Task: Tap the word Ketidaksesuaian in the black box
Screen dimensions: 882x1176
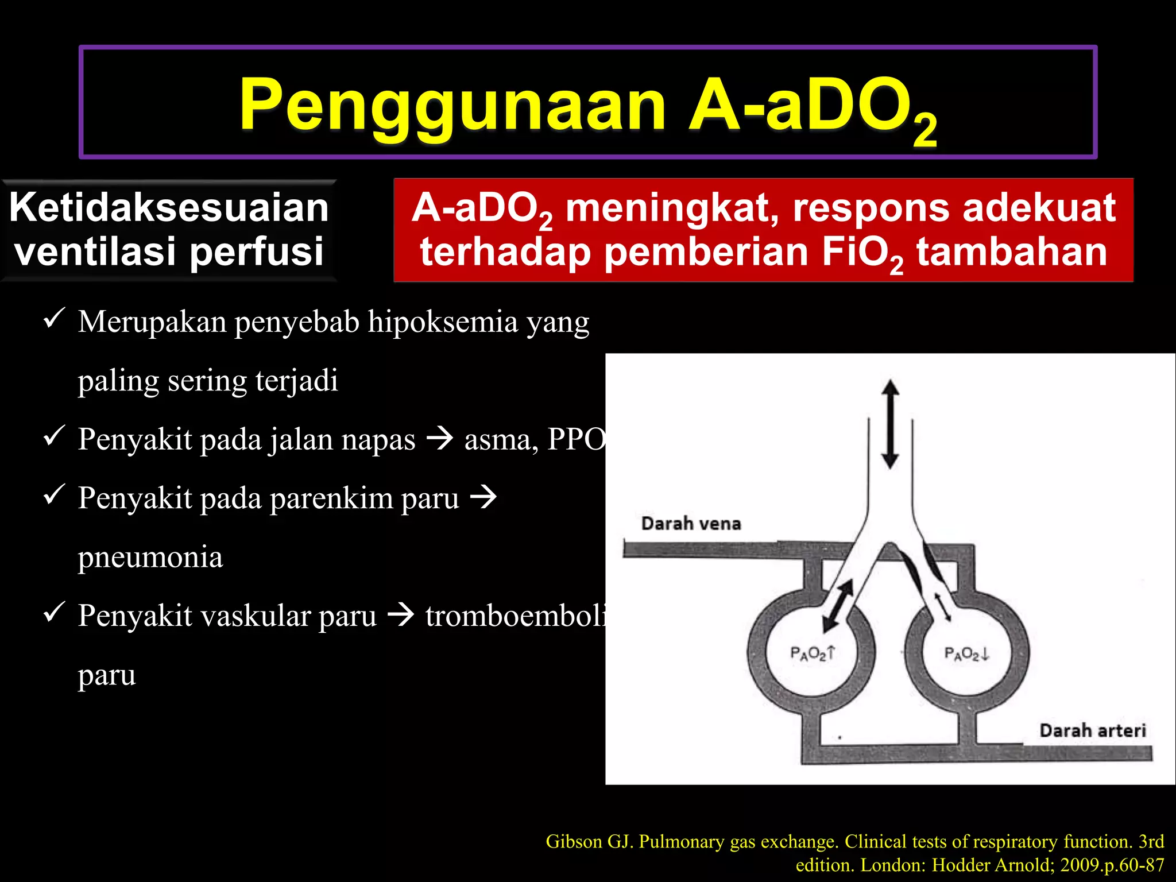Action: [x=169, y=207]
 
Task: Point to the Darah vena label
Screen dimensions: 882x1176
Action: [x=691, y=524]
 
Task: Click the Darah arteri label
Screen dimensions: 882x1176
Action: [x=1092, y=730]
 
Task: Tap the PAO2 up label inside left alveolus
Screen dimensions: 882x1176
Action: [x=813, y=653]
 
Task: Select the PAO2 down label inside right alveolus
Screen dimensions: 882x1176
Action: [x=967, y=653]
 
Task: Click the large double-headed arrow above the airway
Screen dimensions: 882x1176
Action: [x=890, y=424]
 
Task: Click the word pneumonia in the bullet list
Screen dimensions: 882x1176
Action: [x=150, y=557]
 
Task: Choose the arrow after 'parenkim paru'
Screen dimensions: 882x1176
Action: [x=483, y=497]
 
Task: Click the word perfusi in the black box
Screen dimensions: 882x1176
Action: [x=257, y=252]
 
